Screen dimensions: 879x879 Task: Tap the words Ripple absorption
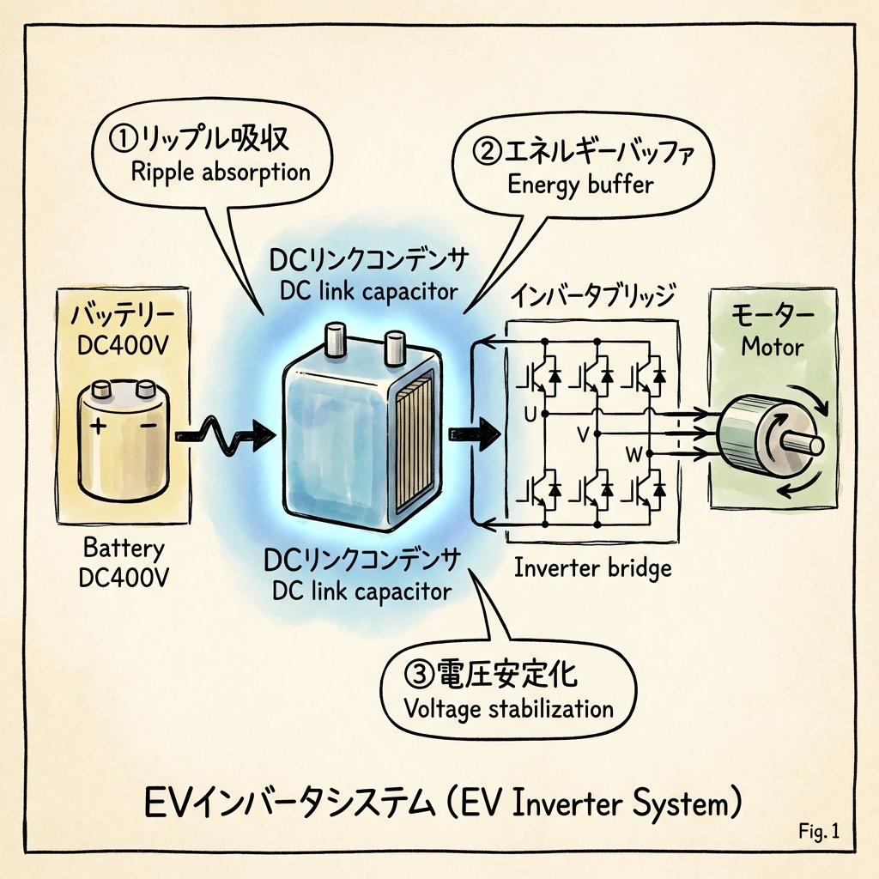click(x=221, y=171)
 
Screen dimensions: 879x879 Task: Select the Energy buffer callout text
click(x=580, y=184)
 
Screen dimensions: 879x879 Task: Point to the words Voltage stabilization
click(x=509, y=709)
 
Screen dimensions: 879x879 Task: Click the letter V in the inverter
click(x=583, y=435)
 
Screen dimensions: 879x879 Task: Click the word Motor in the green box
click(x=772, y=348)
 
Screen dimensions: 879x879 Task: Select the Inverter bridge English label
click(x=592, y=567)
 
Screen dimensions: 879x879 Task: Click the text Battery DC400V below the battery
click(x=124, y=562)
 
